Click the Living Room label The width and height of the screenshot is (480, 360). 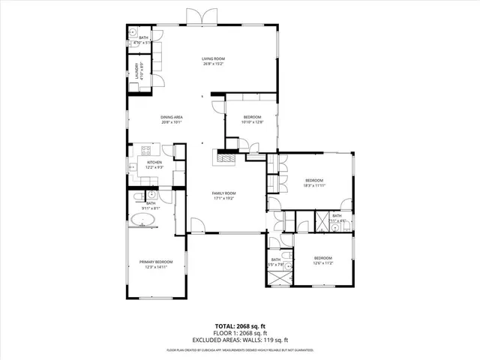(213, 58)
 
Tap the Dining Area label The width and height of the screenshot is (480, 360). (172, 117)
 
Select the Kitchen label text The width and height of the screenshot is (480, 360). (154, 162)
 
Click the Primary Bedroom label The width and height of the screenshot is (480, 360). (156, 262)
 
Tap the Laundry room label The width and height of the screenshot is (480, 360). (137, 70)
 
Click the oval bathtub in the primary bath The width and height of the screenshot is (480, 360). (143, 220)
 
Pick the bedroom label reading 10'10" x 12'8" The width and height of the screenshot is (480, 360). (252, 121)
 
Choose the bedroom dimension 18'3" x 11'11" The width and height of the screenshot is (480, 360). (313, 184)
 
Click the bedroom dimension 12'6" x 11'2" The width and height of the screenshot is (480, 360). (322, 263)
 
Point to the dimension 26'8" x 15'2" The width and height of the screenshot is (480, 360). (213, 63)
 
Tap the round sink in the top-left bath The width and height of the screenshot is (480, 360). (131, 34)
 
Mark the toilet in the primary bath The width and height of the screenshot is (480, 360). (139, 196)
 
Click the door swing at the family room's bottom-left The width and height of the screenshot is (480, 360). (196, 225)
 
